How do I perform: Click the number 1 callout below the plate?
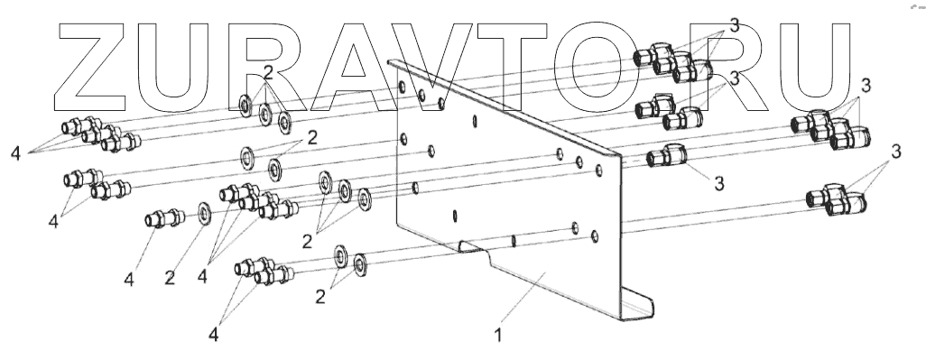point(498,336)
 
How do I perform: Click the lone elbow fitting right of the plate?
point(667,156)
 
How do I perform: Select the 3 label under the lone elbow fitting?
point(718,183)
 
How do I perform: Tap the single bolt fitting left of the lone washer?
point(165,218)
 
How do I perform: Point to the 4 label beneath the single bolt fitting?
point(129,279)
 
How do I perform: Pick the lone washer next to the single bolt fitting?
point(205,213)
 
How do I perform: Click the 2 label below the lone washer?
point(170,278)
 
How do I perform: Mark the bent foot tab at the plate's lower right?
point(637,303)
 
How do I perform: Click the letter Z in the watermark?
point(90,68)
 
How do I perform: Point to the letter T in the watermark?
point(510,68)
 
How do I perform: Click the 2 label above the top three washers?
point(269,73)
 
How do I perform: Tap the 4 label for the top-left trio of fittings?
point(15,153)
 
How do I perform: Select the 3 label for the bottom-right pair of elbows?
point(896,152)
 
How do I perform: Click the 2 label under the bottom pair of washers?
point(320,296)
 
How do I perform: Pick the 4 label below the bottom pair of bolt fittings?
point(213,335)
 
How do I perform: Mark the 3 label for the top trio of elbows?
point(734,25)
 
